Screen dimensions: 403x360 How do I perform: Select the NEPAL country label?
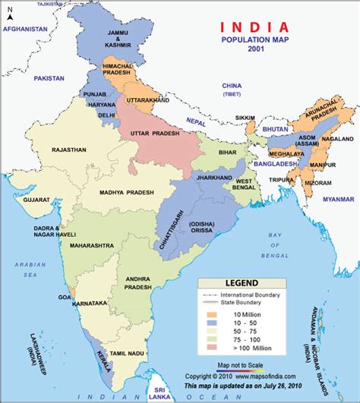[196, 121]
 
